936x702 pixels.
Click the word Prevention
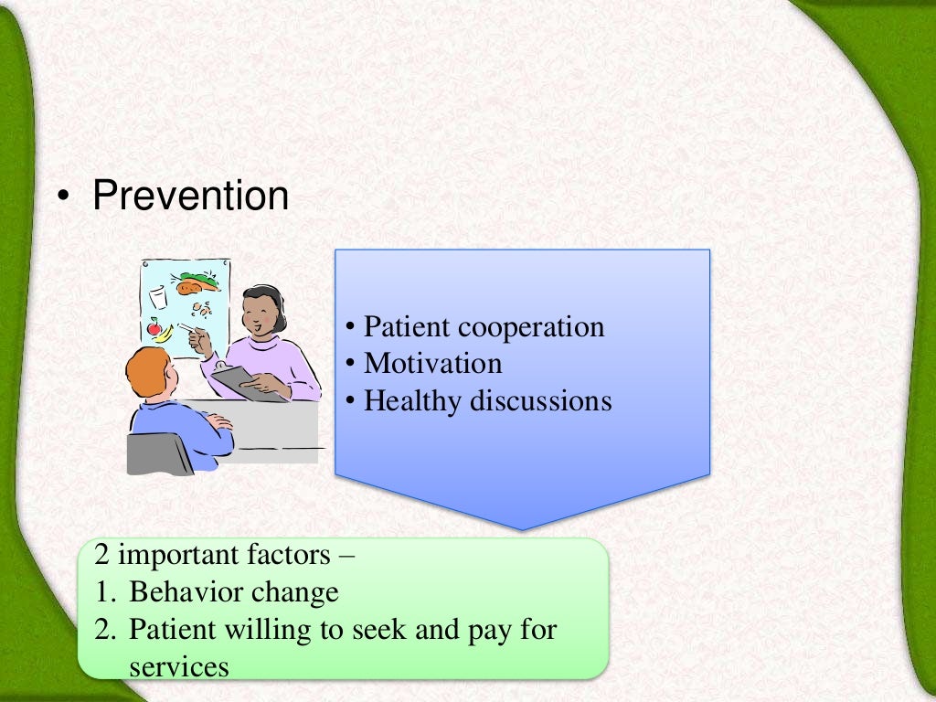[190, 196]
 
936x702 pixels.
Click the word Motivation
[432, 364]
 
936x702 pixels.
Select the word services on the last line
[178, 667]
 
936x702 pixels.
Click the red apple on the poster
[154, 327]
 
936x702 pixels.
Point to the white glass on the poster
[159, 297]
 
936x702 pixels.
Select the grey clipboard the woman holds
[246, 382]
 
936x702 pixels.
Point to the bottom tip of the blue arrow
[522, 528]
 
